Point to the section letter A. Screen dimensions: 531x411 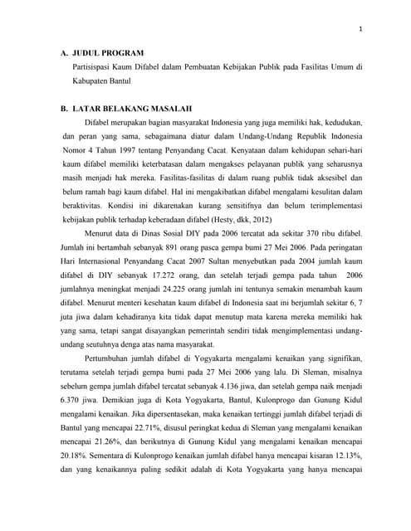pos(64,52)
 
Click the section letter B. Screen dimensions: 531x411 pos(64,109)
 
